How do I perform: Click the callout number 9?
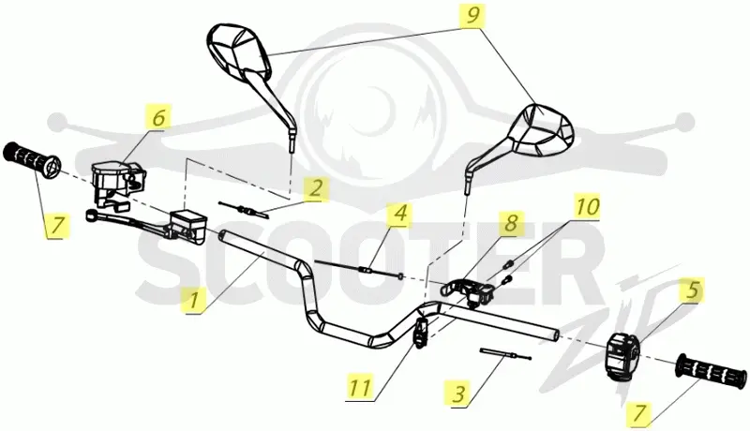pos(472,16)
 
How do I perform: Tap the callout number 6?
pos(158,117)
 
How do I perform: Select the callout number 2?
pos(316,188)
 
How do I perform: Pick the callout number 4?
pos(401,213)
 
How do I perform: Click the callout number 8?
pos(511,223)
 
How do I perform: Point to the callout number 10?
pos(588,207)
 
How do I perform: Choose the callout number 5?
pos(693,290)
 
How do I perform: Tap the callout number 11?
pos(360,387)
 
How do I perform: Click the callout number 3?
pos(458,394)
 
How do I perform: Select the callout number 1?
pos(193,301)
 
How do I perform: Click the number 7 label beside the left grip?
pos(57,225)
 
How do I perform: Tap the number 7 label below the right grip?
pos(639,413)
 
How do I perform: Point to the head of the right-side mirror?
pos(542,129)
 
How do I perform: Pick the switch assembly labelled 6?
pos(116,183)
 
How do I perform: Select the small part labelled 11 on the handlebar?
pos(421,333)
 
